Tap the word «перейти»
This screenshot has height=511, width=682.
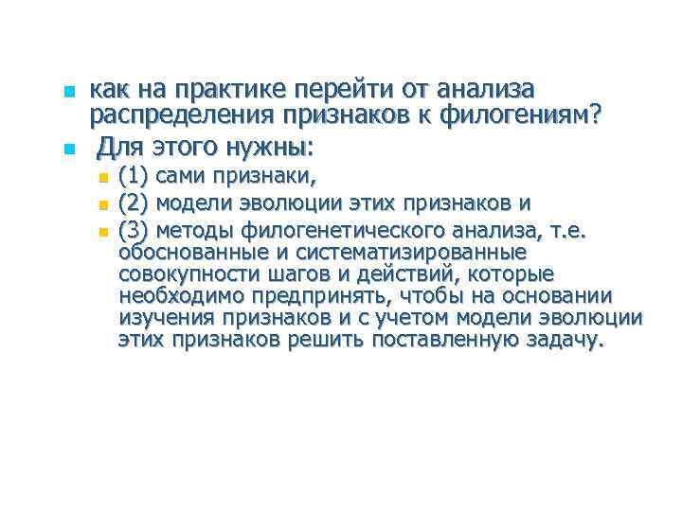coord(328,90)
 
